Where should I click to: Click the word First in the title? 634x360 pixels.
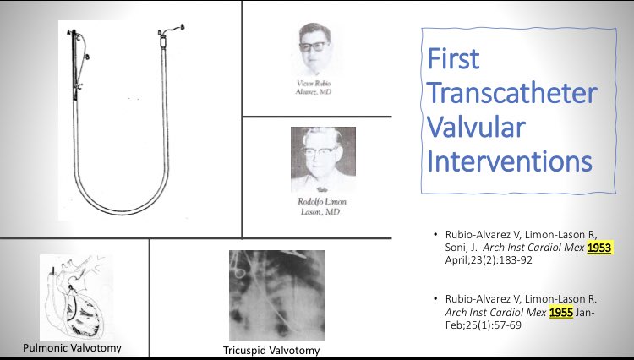click(x=452, y=60)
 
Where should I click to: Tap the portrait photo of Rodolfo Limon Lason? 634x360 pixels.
click(x=323, y=159)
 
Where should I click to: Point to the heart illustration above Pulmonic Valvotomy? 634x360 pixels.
click(x=76, y=298)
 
